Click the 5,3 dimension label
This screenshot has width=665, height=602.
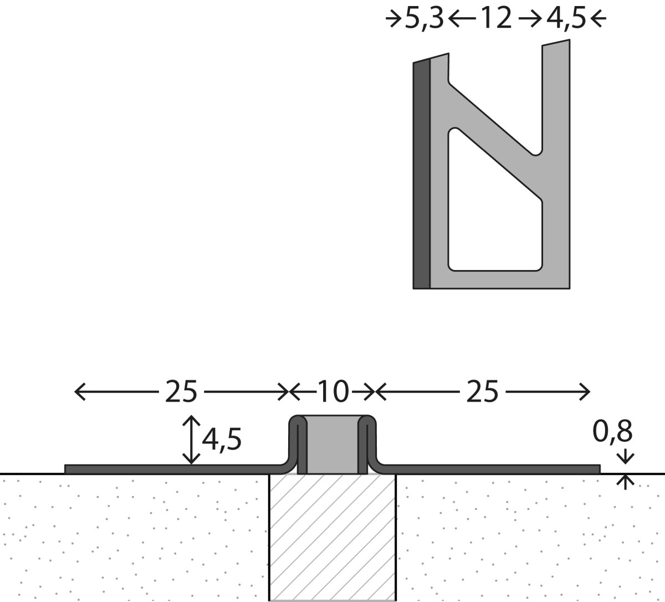pos(424,19)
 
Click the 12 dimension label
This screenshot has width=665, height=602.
pos(495,18)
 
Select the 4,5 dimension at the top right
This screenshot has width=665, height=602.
pos(566,19)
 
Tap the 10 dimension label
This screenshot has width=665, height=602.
pos(333,392)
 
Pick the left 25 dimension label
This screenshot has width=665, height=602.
pos(181,392)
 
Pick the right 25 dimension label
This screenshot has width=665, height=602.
pos(482,392)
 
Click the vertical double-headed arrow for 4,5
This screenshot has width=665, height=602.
pos(191,440)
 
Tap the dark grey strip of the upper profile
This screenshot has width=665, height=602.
pos(421,175)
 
